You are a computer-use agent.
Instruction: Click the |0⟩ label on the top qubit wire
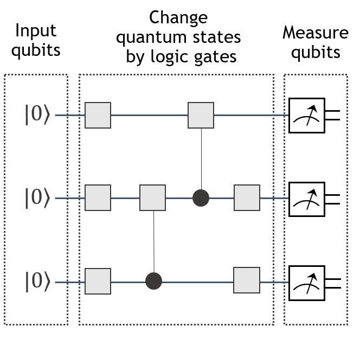pos(37,115)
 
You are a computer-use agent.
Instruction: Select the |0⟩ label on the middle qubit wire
pos(37,198)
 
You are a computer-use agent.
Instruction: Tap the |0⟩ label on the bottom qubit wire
pos(37,282)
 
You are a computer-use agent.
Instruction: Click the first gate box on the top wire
pos(98,115)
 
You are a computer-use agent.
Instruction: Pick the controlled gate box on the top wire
pos(201,115)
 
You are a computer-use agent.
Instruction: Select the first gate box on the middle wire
pos(98,197)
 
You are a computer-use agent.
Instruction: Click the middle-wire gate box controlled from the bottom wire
pos(152,197)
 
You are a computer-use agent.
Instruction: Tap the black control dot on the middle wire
pos(201,198)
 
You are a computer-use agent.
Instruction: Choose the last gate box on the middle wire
pos(247,197)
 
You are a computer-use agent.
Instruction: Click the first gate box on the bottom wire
pos(98,281)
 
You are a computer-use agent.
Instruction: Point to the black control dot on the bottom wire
pos(153,281)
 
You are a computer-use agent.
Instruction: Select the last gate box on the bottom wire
pos(247,280)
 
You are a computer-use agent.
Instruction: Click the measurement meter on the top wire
pos(306,115)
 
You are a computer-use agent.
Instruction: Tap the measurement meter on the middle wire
pos(306,199)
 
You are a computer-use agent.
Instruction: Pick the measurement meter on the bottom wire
pos(306,283)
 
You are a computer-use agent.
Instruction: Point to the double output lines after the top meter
pos(332,115)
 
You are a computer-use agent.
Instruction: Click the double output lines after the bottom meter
pos(332,283)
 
